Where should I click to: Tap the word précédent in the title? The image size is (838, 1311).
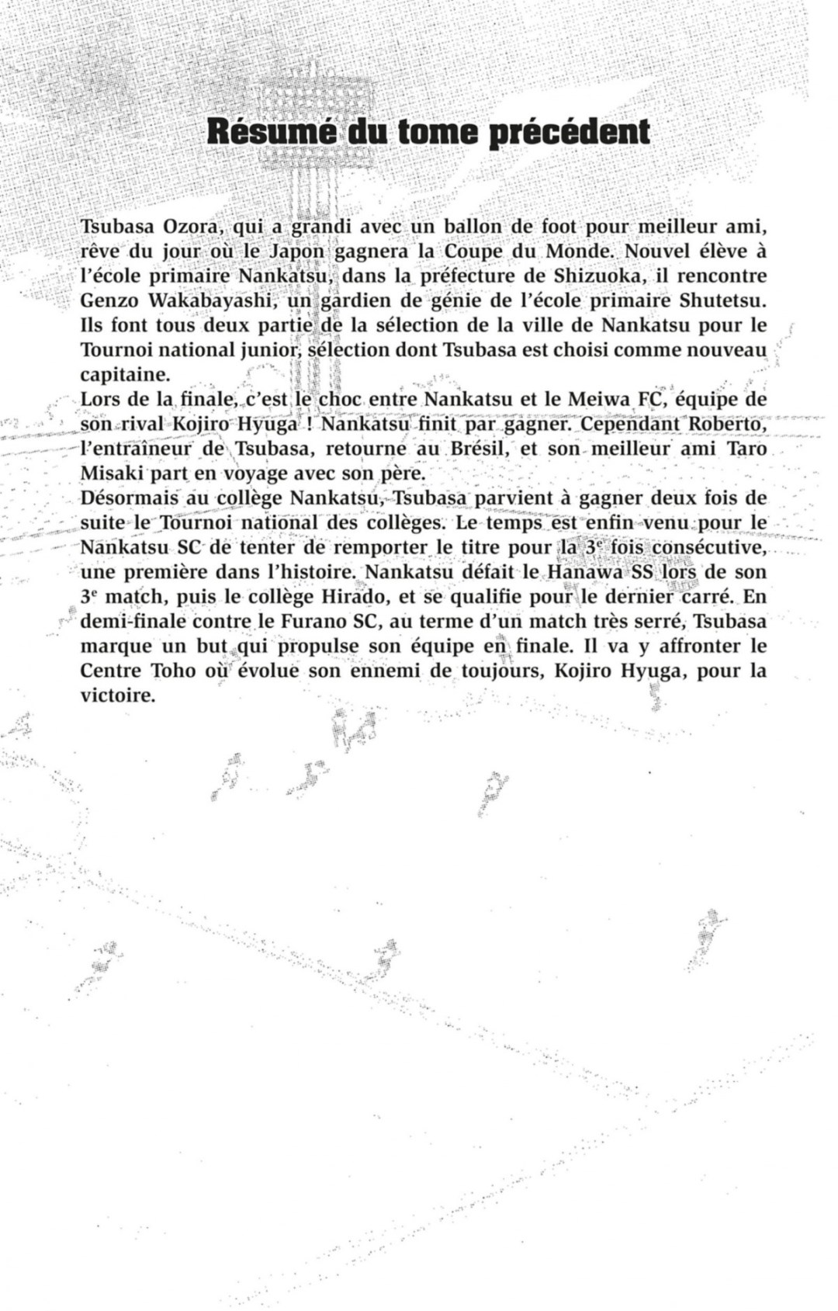tap(570, 132)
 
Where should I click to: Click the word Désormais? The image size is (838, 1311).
tap(129, 498)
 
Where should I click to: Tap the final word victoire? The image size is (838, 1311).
tap(119, 695)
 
